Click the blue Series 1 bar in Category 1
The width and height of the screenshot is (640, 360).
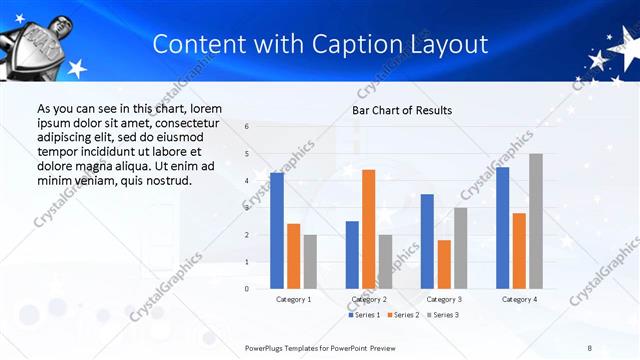pyautogui.click(x=277, y=231)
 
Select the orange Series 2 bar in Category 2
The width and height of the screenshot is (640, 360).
pyautogui.click(x=368, y=229)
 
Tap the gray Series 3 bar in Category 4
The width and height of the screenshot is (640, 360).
pyautogui.click(x=536, y=221)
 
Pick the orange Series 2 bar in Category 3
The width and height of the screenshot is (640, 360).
pyautogui.click(x=444, y=264)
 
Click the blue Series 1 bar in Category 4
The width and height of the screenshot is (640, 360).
pyautogui.click(x=502, y=228)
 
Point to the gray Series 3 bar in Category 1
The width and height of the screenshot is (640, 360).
pyautogui.click(x=310, y=262)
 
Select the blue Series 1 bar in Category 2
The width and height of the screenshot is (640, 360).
pyautogui.click(x=352, y=255)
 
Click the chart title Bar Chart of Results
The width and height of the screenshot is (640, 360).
pyautogui.click(x=402, y=110)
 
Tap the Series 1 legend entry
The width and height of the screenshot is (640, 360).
pyautogui.click(x=363, y=315)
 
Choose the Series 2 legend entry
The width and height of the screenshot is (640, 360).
pyautogui.click(x=402, y=315)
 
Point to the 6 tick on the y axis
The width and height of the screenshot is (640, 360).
pyautogui.click(x=247, y=127)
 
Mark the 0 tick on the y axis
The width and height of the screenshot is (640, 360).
pyautogui.click(x=247, y=289)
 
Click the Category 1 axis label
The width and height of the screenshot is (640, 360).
pyautogui.click(x=293, y=299)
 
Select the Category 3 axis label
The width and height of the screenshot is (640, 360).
pyautogui.click(x=444, y=299)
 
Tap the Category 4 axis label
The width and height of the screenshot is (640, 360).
pyautogui.click(x=519, y=299)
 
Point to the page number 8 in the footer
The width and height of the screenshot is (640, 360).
pyautogui.click(x=590, y=346)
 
